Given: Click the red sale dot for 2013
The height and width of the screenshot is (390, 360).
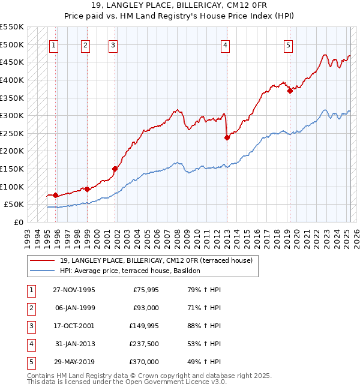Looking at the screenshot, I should (x=227, y=137).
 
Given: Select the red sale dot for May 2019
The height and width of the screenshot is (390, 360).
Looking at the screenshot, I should (x=290, y=91).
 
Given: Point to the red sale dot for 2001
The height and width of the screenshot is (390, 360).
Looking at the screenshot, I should (x=115, y=169).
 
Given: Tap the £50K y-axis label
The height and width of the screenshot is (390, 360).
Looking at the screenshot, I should (x=14, y=205).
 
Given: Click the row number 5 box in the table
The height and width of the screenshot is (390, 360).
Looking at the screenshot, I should (x=31, y=362).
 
